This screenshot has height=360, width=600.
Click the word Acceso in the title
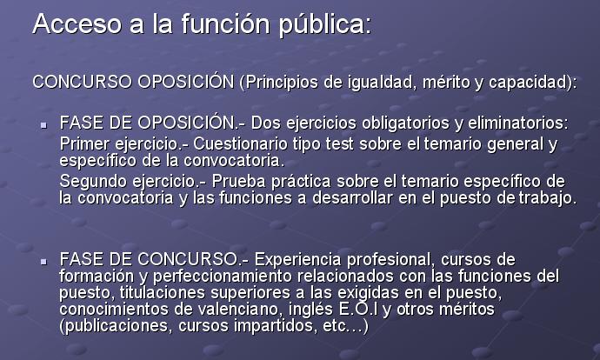tap(77, 24)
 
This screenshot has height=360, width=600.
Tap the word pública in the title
tap(324, 25)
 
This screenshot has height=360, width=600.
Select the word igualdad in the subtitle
tap(383, 83)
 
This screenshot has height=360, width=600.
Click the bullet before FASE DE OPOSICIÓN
tap(44, 124)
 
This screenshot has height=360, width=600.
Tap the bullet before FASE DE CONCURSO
tap(44, 262)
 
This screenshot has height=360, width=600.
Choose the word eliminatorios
tap(518, 123)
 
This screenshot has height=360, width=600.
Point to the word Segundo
tap(93, 182)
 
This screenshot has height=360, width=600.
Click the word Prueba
tap(239, 182)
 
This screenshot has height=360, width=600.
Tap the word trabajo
tap(547, 199)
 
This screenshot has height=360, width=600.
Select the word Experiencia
tap(297, 260)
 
